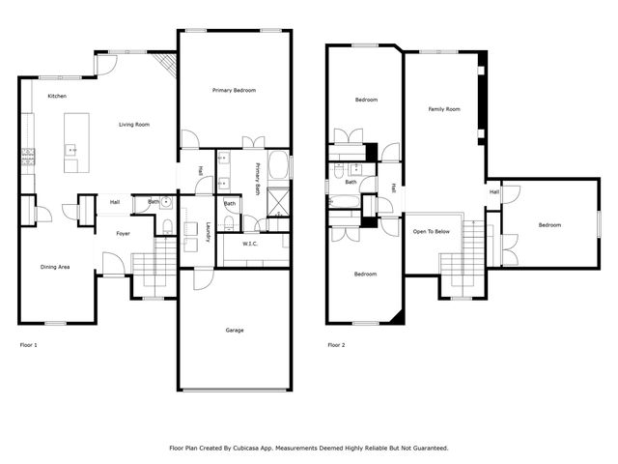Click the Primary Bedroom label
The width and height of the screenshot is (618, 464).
tap(234, 90)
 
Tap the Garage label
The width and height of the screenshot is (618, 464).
tap(234, 331)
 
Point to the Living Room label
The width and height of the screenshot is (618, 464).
tap(133, 125)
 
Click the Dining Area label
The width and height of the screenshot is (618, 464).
tap(54, 267)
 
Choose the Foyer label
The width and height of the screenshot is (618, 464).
tap(124, 233)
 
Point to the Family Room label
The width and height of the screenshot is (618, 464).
tap(444, 109)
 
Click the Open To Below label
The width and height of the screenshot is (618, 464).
tap(432, 232)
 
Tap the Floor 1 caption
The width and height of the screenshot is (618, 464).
tap(30, 345)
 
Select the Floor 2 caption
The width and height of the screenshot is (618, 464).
tap(336, 345)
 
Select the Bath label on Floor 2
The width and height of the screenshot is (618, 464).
tap(351, 182)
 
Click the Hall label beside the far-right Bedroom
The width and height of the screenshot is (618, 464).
tap(494, 191)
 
